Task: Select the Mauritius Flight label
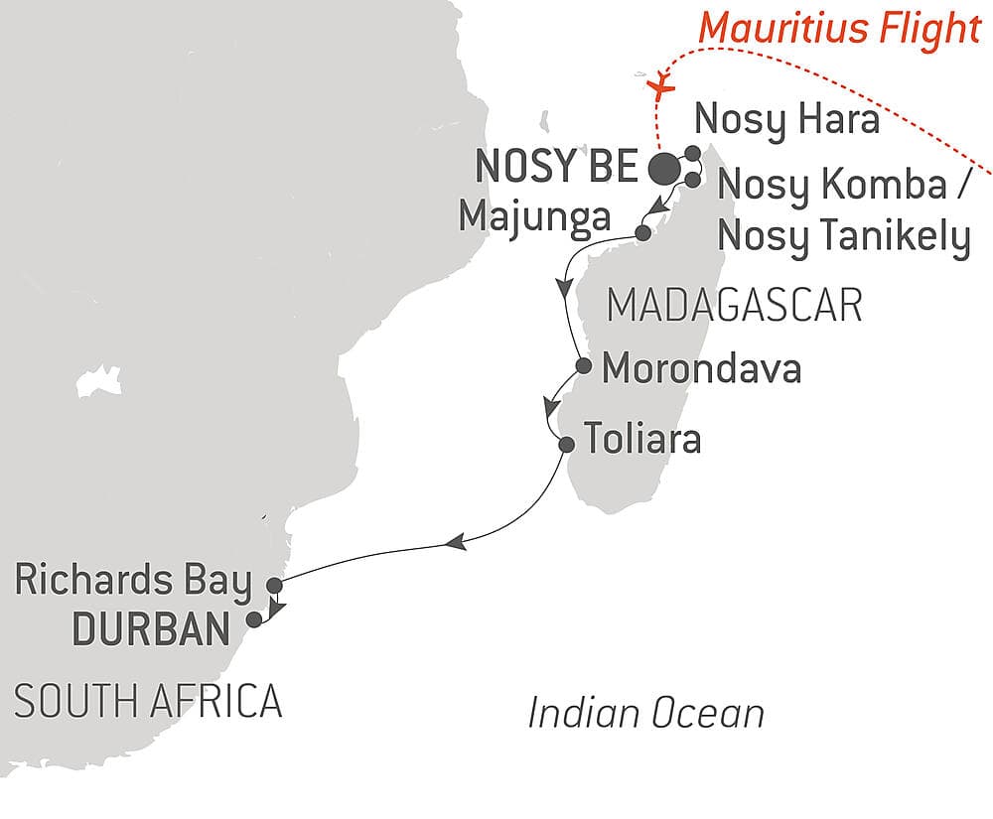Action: [839, 29]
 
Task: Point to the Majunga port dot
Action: [642, 233]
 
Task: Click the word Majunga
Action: [534, 216]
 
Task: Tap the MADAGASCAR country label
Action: [734, 306]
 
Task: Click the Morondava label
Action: [702, 369]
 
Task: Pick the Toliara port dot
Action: [566, 444]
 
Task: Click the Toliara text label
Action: [641, 439]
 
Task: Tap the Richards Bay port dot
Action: [276, 586]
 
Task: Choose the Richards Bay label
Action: [133, 582]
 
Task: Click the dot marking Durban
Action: [254, 619]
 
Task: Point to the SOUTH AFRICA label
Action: [148, 702]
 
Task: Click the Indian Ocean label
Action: [646, 713]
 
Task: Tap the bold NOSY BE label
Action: [555, 168]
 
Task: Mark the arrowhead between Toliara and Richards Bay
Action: [454, 542]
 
